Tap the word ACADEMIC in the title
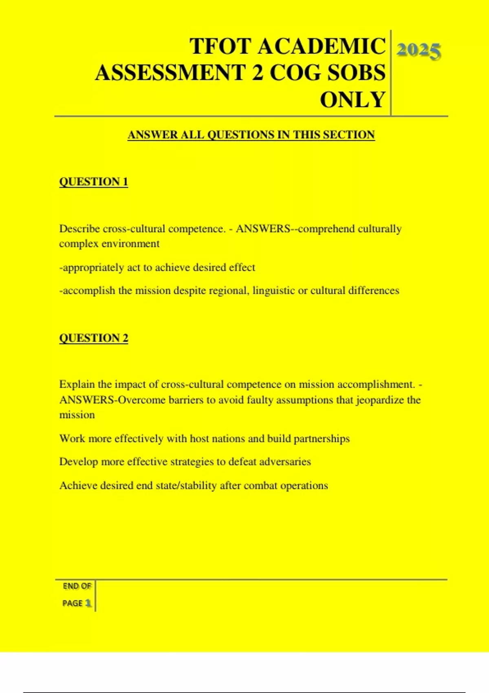pyautogui.click(x=321, y=46)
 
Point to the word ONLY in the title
pyautogui.click(x=352, y=100)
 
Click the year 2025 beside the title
pyautogui.click(x=419, y=51)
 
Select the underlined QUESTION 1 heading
pyautogui.click(x=93, y=182)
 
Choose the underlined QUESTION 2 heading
pyautogui.click(x=93, y=338)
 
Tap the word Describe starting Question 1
pyautogui.click(x=79, y=229)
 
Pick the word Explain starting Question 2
pyautogui.click(x=77, y=384)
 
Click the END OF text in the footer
pyautogui.click(x=77, y=586)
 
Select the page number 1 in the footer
pyautogui.click(x=88, y=603)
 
